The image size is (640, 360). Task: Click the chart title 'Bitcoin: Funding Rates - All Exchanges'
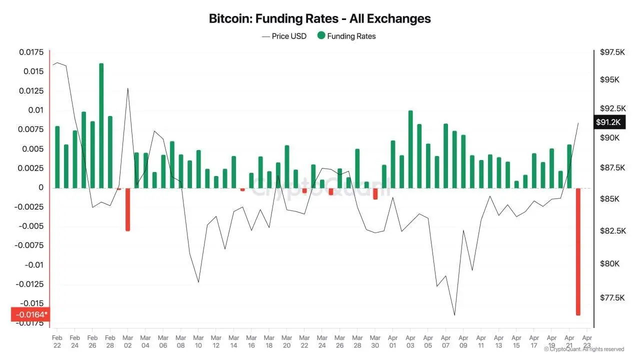319,18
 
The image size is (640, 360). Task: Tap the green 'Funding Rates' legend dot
321,35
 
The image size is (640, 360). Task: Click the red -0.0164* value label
30,314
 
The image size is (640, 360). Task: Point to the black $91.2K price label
608,122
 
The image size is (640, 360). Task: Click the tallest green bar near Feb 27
101,125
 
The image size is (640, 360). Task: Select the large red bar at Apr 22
578,251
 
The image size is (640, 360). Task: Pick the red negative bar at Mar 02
127,209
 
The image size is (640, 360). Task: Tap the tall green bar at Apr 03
410,149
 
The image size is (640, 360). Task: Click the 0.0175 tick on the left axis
31,52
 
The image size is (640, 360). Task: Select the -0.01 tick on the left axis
33,264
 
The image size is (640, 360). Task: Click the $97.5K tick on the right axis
612,52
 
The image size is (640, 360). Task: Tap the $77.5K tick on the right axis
612,297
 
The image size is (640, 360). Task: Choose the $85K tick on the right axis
609,199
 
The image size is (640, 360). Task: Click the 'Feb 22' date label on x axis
57,341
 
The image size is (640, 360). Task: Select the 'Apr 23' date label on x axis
587,341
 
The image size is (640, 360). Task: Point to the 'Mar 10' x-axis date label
198,341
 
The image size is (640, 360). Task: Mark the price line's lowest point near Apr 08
454,315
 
